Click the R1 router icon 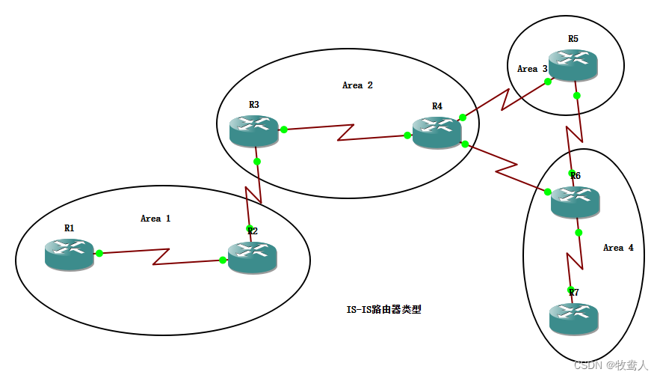click(69, 254)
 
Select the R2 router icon click(252, 257)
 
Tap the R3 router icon click(253, 131)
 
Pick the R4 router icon click(437, 132)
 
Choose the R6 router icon click(575, 201)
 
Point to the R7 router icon click(573, 318)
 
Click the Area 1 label click(155, 219)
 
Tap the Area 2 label click(357, 85)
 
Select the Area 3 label click(532, 69)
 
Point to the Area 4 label click(618, 248)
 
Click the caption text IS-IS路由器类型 click(383, 309)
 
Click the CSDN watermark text click(611, 365)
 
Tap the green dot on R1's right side click(99, 253)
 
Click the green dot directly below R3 click(256, 161)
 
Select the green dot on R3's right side click(284, 129)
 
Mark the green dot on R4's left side click(407, 135)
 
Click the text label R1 click(69, 228)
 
